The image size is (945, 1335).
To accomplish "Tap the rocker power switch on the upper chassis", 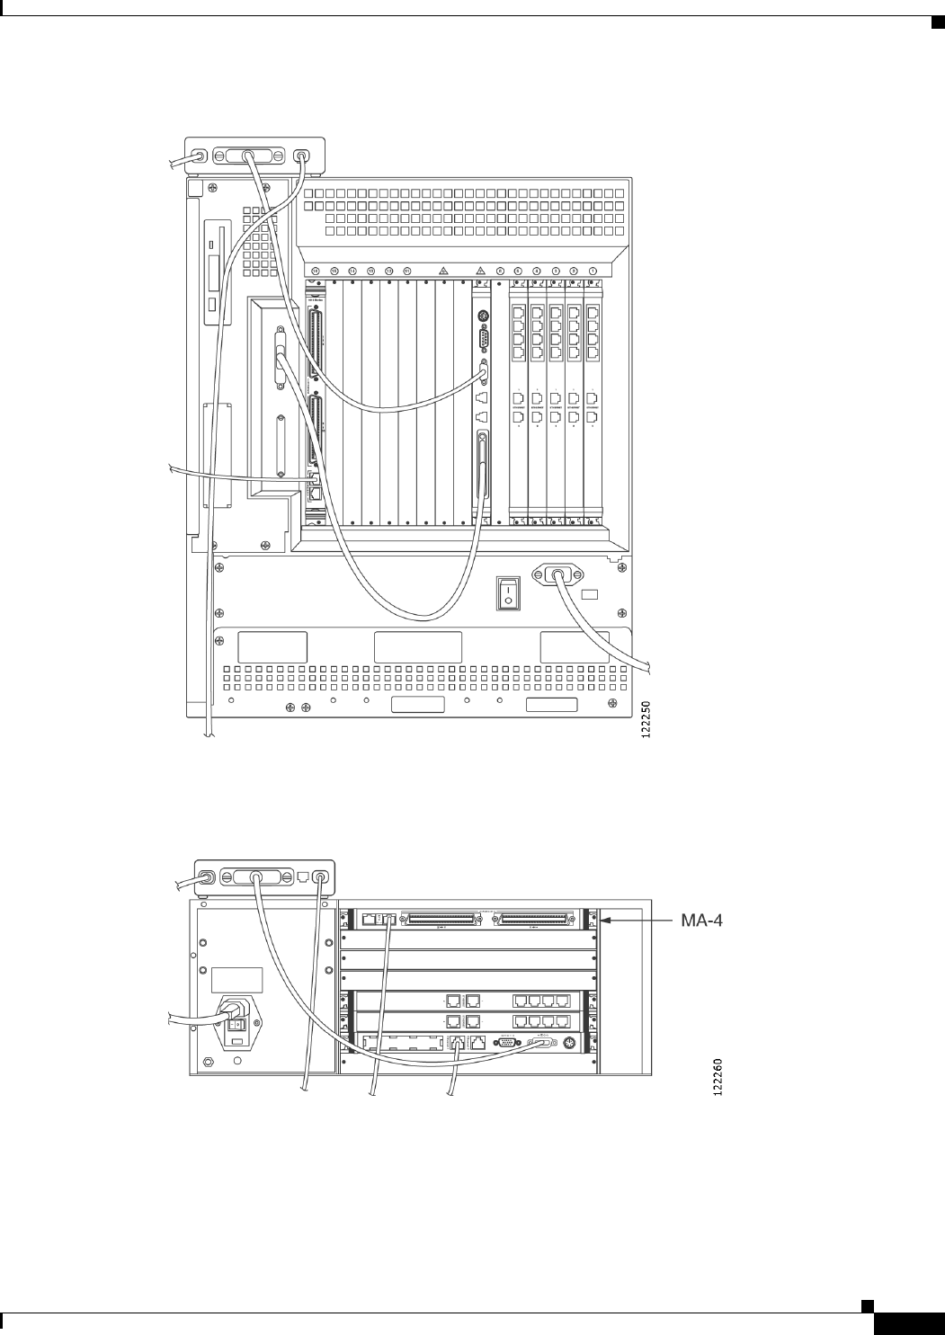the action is [508, 592].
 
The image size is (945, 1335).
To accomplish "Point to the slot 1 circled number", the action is [593, 271].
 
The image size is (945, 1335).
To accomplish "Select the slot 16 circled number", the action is [316, 271].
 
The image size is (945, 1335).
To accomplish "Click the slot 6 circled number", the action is [500, 271].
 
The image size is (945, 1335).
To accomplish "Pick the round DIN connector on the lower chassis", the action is [567, 1043].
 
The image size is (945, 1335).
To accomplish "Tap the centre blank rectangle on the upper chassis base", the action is [418, 647].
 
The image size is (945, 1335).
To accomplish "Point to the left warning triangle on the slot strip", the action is [443, 271].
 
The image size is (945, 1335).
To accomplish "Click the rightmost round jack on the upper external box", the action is [301, 156].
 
